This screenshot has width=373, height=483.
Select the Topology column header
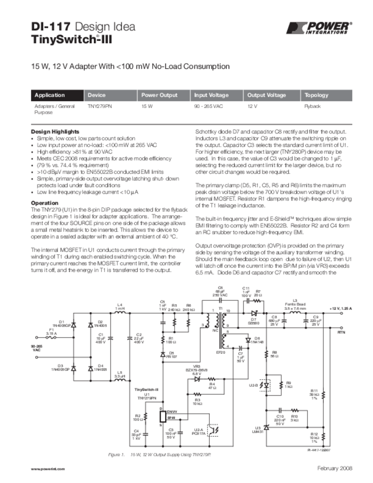316,95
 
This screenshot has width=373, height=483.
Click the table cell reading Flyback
312,107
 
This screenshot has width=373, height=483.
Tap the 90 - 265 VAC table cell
207,107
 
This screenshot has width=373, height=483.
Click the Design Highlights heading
55,131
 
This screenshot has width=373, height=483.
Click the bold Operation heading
44,203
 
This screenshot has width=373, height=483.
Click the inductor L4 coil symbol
120,312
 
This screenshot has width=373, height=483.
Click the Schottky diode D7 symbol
254,312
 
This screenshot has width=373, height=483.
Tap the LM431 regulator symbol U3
266,427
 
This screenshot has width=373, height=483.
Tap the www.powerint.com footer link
48,469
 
